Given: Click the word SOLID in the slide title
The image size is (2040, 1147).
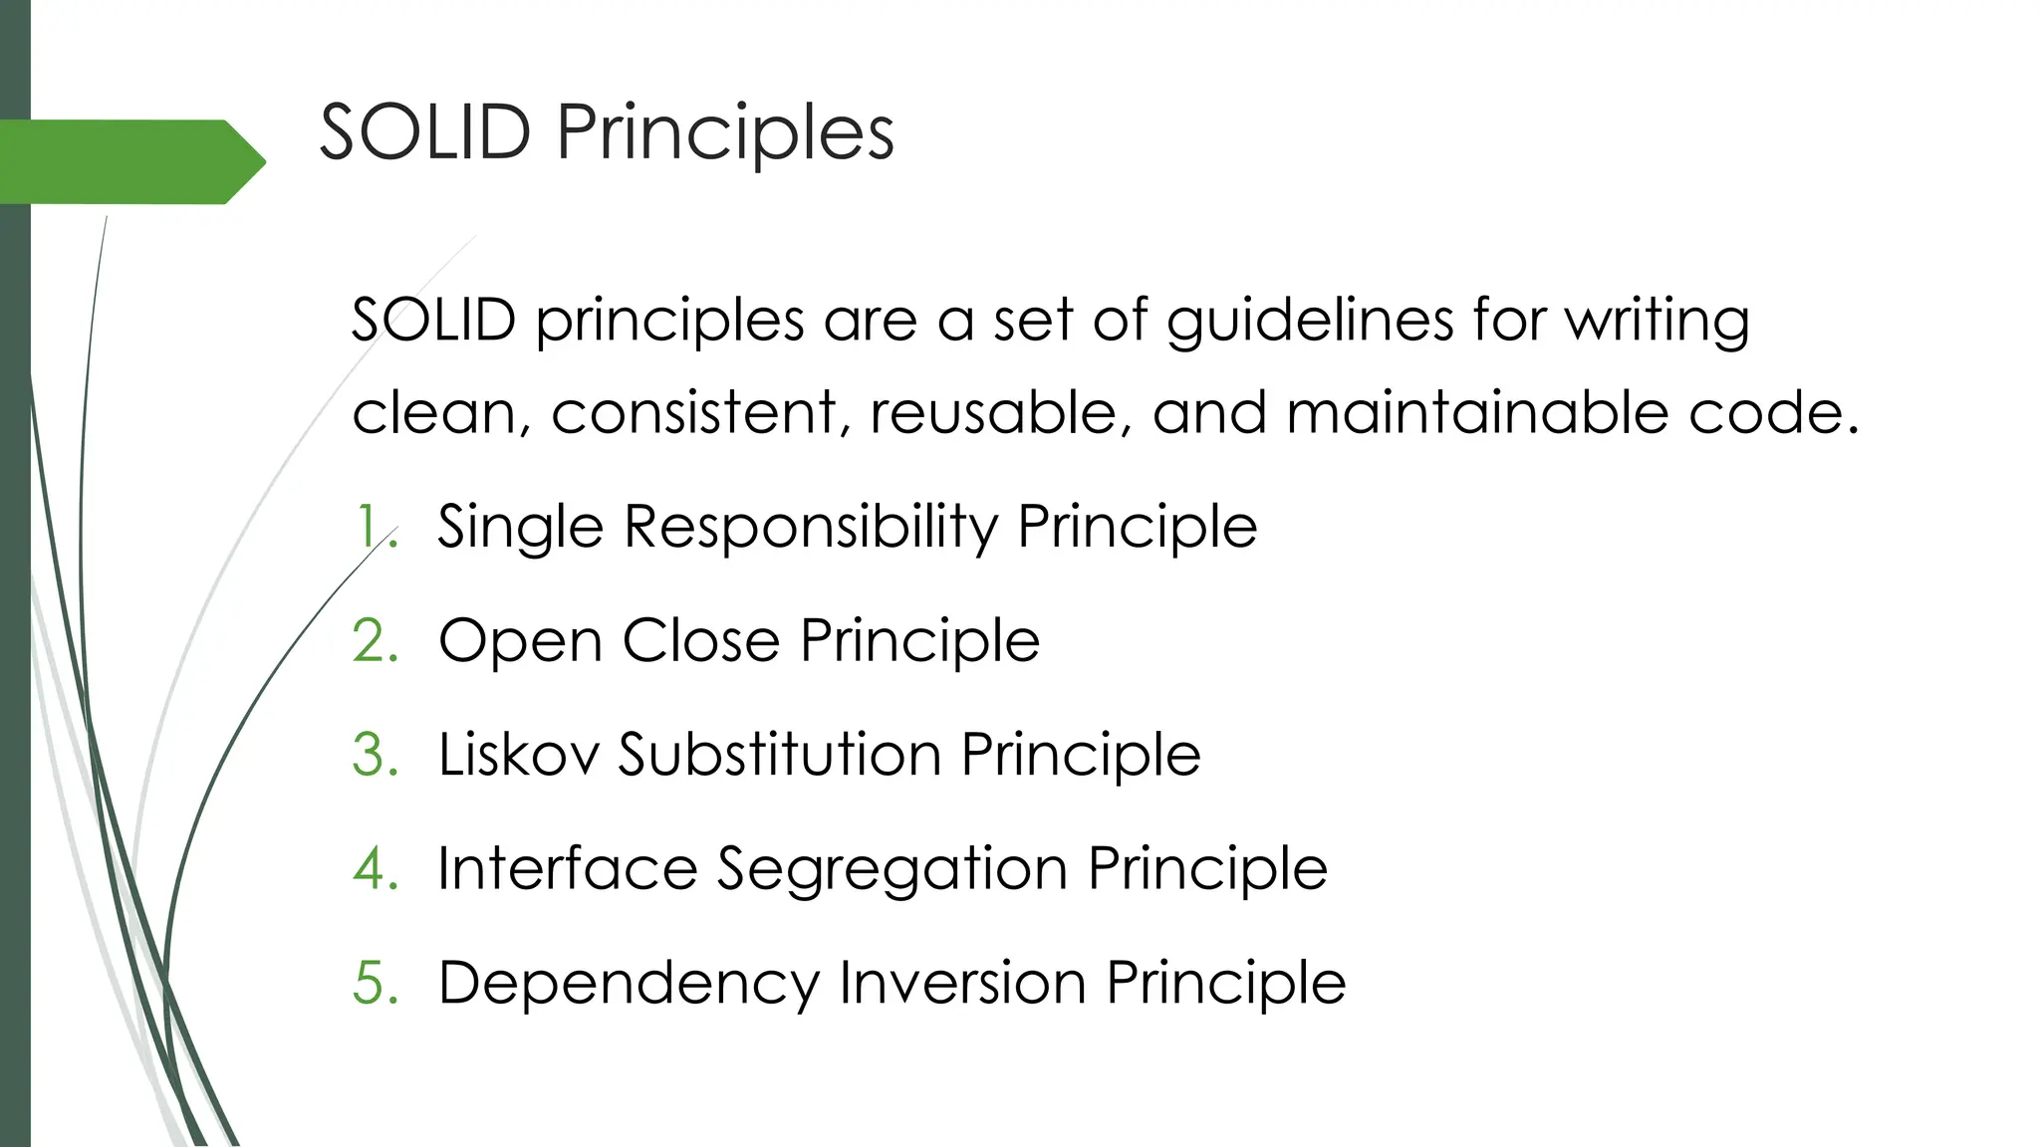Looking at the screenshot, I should click(424, 132).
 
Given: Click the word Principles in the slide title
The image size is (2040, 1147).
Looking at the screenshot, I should click(725, 134).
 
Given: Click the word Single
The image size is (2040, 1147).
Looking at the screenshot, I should click(520, 528).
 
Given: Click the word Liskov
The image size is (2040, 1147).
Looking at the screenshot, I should click(519, 755).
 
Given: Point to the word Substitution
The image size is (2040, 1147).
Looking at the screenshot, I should click(780, 755).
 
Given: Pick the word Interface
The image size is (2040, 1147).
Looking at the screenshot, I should click(568, 869).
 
